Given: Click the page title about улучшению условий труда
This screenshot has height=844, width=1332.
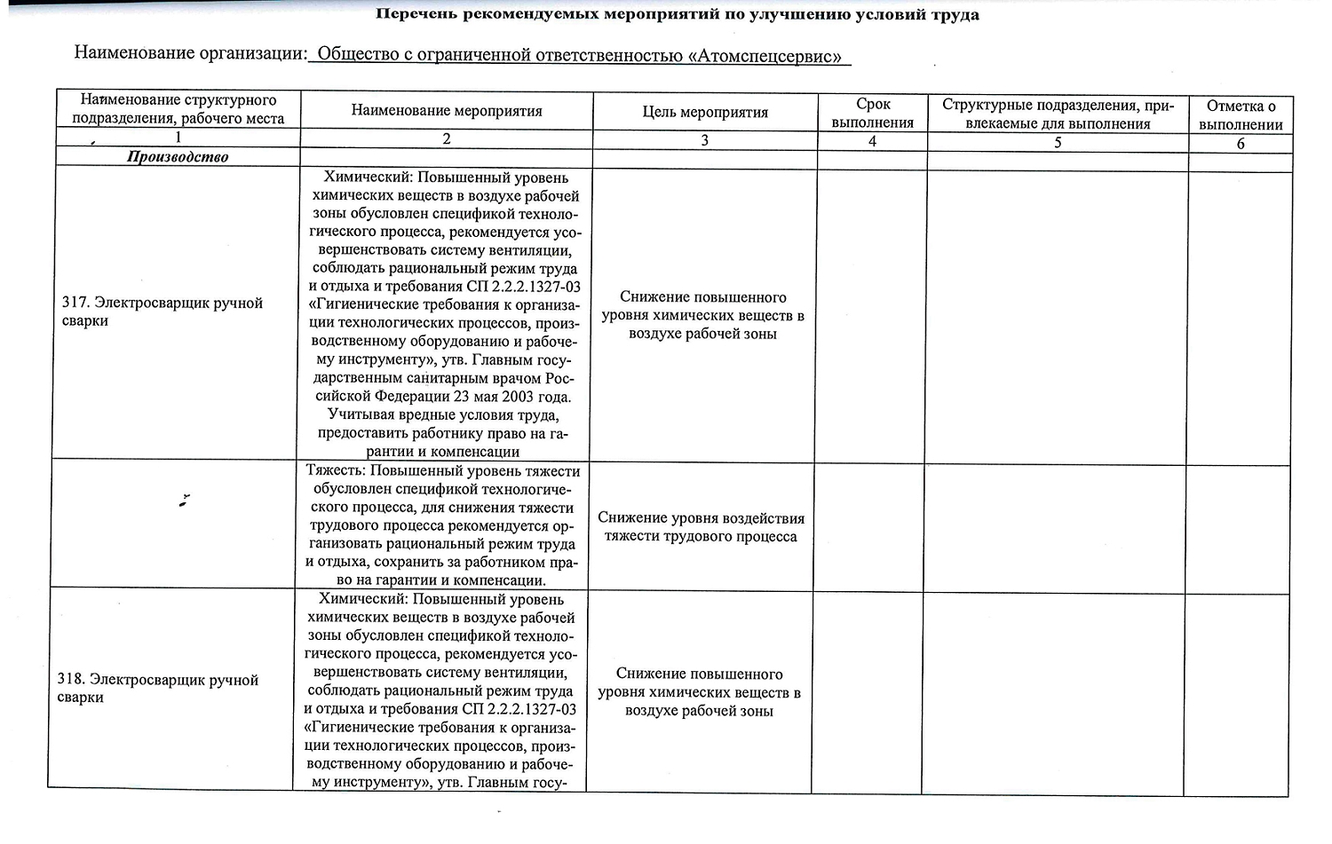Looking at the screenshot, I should pyautogui.click(x=678, y=14).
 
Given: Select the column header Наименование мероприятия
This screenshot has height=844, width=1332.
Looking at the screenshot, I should pyautogui.click(x=446, y=111).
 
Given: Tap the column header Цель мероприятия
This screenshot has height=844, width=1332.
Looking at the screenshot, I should pyautogui.click(x=704, y=112).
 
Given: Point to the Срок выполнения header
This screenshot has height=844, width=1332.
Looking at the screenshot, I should pyautogui.click(x=872, y=114).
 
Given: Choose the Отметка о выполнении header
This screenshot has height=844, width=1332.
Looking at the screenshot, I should pyautogui.click(x=1240, y=115).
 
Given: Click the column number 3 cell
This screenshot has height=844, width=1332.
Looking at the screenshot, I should pyautogui.click(x=704, y=140).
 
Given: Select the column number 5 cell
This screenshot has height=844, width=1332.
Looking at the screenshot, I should pyautogui.click(x=1057, y=142).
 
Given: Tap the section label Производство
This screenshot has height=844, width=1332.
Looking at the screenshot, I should pyautogui.click(x=178, y=157).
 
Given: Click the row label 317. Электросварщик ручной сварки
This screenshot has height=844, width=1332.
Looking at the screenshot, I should pyautogui.click(x=162, y=312).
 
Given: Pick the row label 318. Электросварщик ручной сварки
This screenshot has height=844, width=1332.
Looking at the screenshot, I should pyautogui.click(x=157, y=689).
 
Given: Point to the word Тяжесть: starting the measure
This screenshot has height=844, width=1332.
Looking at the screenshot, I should pyautogui.click(x=336, y=471).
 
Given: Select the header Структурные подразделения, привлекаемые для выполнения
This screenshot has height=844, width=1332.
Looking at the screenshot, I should pyautogui.click(x=1058, y=114).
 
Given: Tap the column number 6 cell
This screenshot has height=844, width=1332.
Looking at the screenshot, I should pyautogui.click(x=1240, y=144).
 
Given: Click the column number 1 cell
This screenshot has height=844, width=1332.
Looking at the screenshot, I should pyautogui.click(x=178, y=138).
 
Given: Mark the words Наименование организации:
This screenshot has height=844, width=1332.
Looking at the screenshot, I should pyautogui.click(x=190, y=53).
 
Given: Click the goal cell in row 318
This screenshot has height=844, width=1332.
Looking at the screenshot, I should pyautogui.click(x=699, y=692).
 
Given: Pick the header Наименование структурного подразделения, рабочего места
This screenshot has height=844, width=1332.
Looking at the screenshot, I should pyautogui.click(x=178, y=109).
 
